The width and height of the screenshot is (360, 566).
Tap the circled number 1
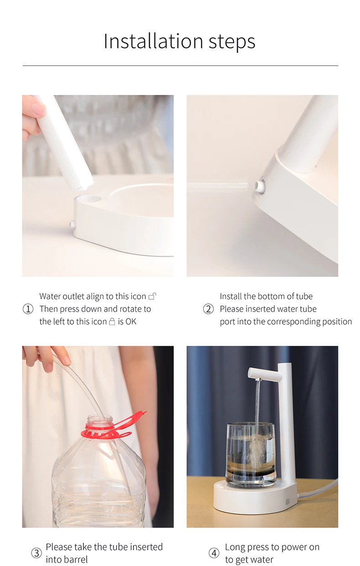click(28, 309)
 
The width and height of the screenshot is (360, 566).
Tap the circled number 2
click(208, 309)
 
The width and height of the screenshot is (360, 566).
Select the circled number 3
click(36, 553)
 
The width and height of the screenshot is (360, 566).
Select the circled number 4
click(214, 553)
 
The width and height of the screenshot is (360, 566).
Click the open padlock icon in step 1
click(153, 296)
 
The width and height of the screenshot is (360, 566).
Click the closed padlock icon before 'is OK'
click(112, 322)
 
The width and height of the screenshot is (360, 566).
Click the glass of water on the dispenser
click(251, 454)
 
